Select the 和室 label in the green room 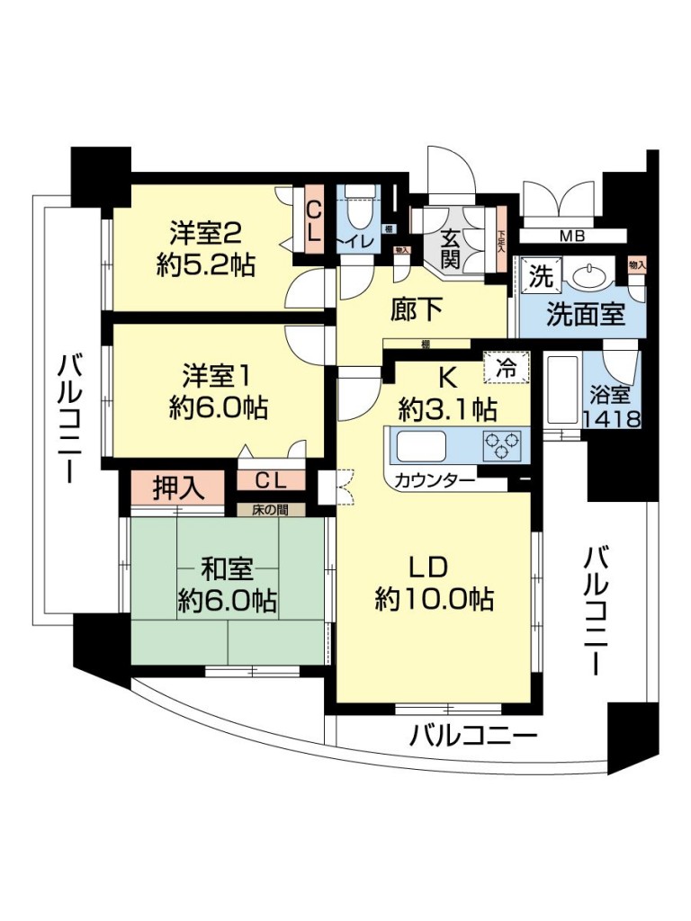227,569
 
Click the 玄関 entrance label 452,249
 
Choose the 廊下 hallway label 416,309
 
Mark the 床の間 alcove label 270,509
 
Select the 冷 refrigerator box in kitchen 507,367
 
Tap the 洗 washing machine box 539,276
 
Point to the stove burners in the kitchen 502,444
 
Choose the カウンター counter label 435,480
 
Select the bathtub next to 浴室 562,394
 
